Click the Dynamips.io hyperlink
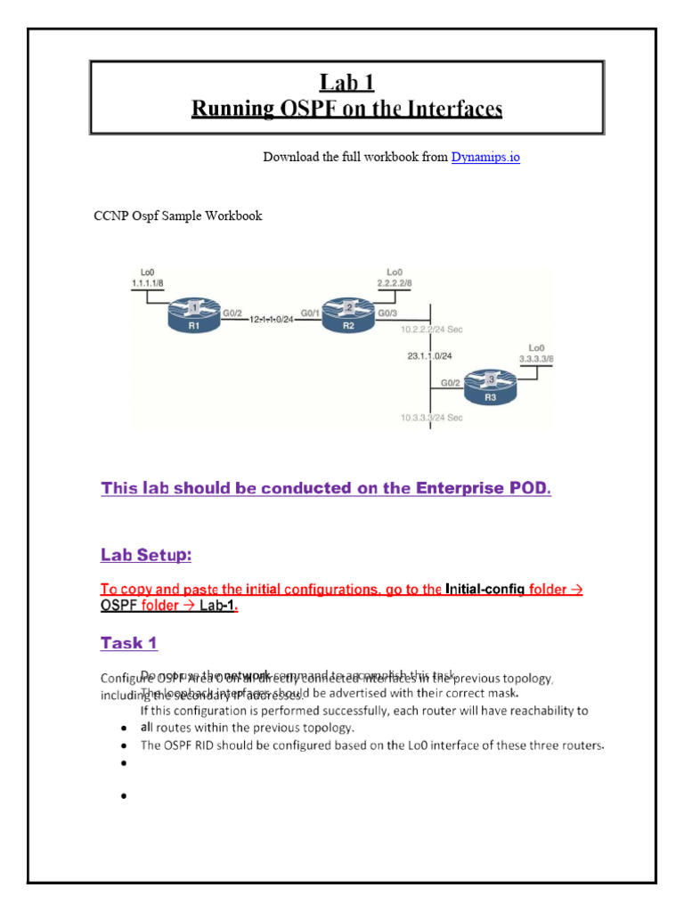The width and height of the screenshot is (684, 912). click(485, 157)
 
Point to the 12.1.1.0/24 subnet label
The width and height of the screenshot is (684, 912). click(271, 318)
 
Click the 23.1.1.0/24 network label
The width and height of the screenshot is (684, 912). click(430, 355)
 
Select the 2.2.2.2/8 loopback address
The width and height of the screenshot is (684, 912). click(395, 281)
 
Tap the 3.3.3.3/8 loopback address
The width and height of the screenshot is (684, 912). click(535, 357)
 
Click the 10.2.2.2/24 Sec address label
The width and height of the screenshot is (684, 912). click(432, 330)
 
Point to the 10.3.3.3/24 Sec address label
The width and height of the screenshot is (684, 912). click(432, 418)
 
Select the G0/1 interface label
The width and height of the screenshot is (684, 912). click(311, 313)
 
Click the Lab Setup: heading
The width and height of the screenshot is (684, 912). click(146, 555)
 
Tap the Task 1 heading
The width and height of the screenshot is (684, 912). click(129, 642)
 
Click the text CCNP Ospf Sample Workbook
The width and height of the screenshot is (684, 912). click(178, 216)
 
